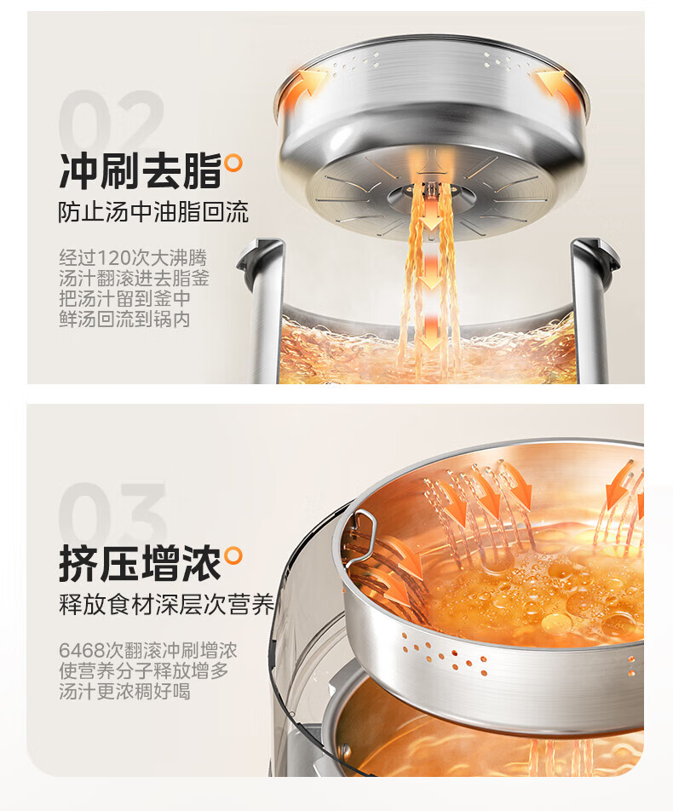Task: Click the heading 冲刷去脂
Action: click(x=141, y=170)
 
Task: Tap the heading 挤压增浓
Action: click(x=141, y=563)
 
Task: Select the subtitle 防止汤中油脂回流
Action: click(x=153, y=212)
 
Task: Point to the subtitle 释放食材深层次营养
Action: click(x=166, y=605)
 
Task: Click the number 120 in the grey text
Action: click(x=114, y=257)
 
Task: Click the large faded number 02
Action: click(x=111, y=120)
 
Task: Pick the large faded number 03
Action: click(x=112, y=513)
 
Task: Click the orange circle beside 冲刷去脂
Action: click(x=233, y=163)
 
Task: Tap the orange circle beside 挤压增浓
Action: click(x=233, y=555)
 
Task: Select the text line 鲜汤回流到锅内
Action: click(x=124, y=319)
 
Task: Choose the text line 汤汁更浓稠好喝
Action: click(x=124, y=692)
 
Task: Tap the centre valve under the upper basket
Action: click(x=429, y=191)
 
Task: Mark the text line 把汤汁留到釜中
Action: click(x=124, y=299)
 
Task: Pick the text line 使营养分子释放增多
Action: click(x=144, y=670)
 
